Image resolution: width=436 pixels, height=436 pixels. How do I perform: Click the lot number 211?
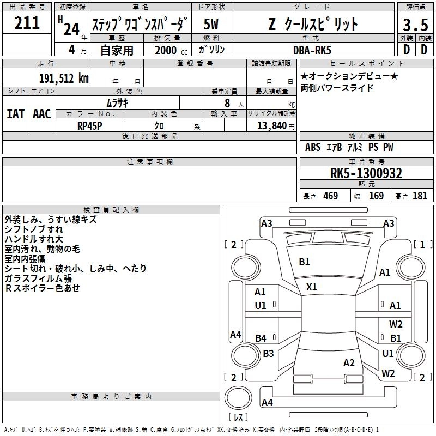[27, 23]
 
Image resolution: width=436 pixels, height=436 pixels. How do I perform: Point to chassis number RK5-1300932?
[366, 173]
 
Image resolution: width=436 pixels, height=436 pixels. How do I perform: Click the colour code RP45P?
[90, 125]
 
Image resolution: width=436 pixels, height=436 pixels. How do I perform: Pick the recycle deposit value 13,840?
[271, 125]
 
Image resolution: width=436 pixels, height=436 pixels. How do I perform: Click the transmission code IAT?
[15, 114]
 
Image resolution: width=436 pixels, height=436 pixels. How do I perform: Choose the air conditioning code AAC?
[42, 114]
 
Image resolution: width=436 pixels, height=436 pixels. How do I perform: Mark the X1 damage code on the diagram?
[312, 287]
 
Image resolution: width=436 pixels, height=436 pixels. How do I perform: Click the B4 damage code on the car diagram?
[261, 338]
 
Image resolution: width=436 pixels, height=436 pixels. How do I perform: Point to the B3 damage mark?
[268, 353]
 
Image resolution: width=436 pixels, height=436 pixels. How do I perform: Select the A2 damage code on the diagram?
[349, 363]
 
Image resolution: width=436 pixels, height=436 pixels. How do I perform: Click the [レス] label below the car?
[238, 418]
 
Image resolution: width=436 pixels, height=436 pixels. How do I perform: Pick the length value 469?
[330, 196]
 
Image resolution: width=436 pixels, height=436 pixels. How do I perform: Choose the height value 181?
[420, 196]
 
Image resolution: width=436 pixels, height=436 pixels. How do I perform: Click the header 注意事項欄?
[150, 161]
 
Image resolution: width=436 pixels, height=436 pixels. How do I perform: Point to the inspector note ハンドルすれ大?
[34, 239]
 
